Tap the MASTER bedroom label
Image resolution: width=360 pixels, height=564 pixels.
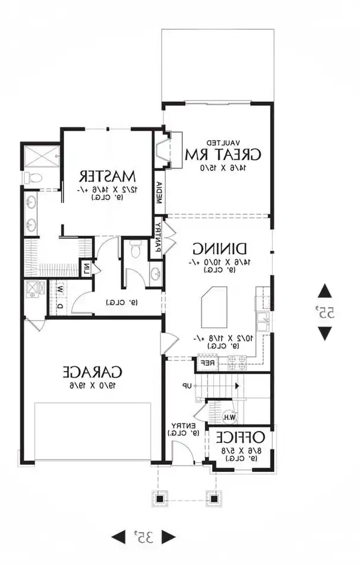pyautogui.click(x=108, y=176)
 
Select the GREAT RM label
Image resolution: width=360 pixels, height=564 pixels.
pyautogui.click(x=223, y=155)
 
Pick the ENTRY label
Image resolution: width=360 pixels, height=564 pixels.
pyautogui.click(x=180, y=426)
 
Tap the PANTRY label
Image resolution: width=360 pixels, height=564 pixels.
pyautogui.click(x=159, y=236)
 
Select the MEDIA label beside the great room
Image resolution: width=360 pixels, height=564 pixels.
pyautogui.click(x=159, y=192)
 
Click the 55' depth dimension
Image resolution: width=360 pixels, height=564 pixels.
pyautogui.click(x=325, y=312)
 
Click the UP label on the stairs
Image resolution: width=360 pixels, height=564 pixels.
pyautogui.click(x=187, y=386)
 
